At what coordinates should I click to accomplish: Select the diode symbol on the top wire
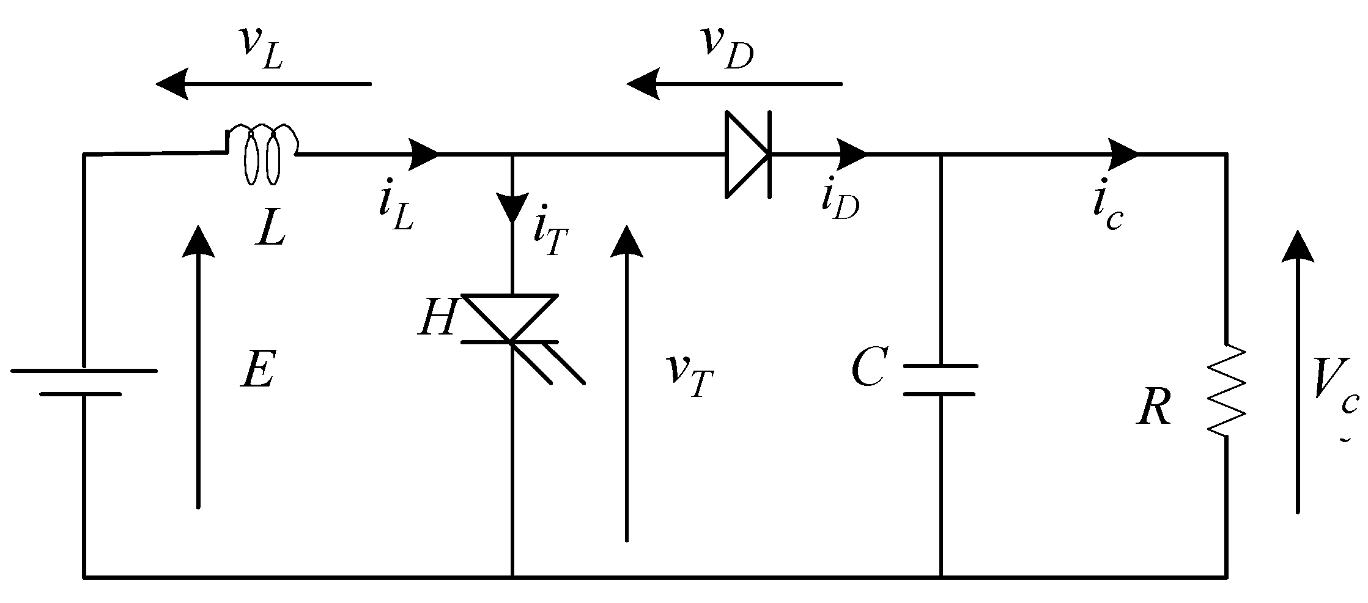[x=747, y=154]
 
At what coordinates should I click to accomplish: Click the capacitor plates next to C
[x=940, y=380]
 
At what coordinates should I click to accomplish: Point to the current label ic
[x=1107, y=211]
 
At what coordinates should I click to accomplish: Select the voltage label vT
[x=690, y=374]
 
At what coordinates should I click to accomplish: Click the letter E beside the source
[x=257, y=370]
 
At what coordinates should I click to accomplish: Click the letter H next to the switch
[x=436, y=319]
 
